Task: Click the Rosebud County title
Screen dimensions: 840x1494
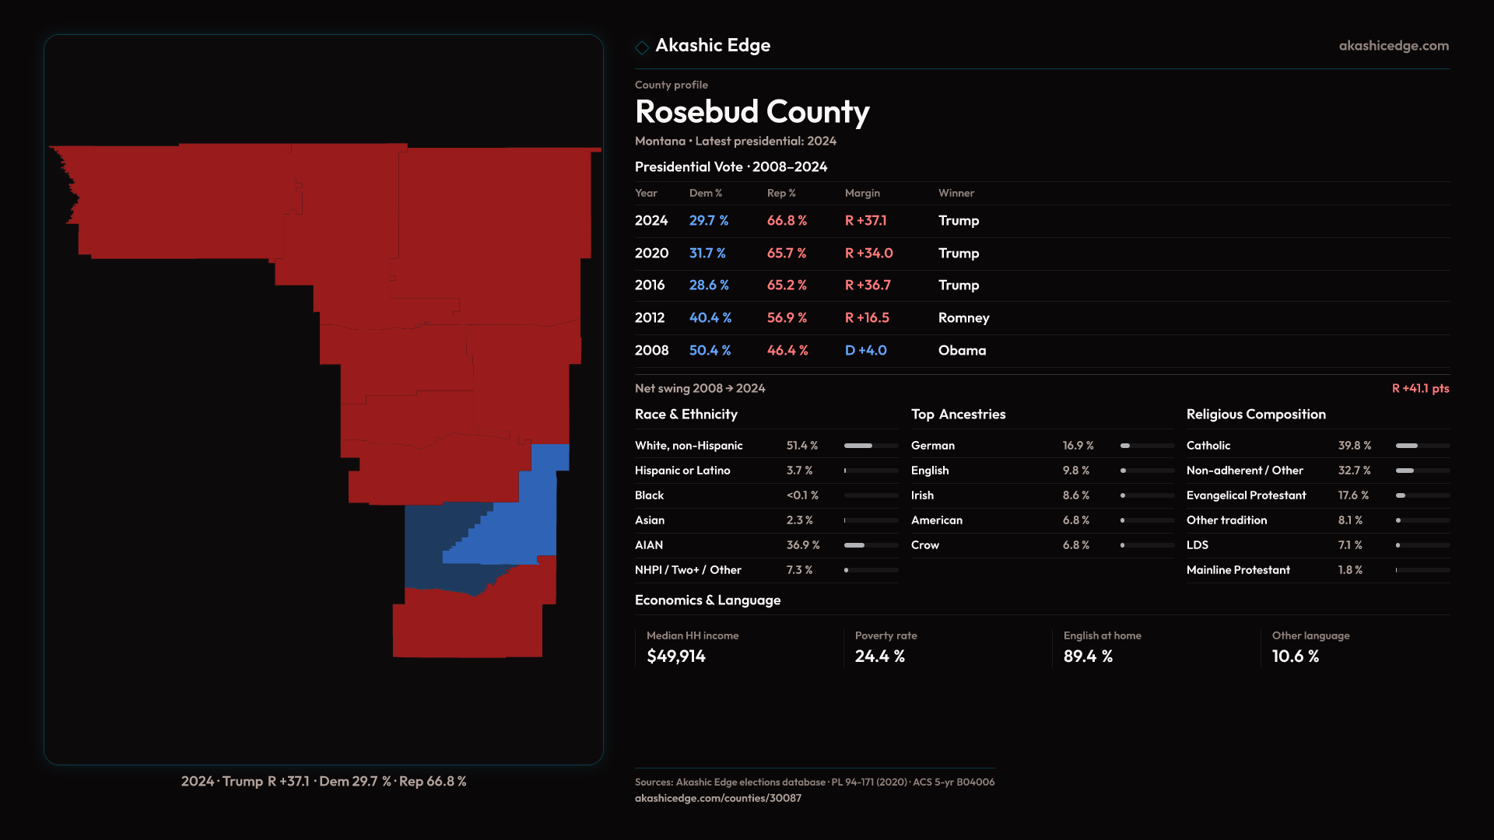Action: pos(752,112)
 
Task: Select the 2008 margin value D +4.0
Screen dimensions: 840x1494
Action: pos(865,351)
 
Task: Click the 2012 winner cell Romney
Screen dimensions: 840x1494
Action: pos(963,318)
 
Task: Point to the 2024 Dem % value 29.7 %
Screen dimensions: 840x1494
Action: pos(708,221)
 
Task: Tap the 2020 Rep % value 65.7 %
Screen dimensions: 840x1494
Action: pos(786,254)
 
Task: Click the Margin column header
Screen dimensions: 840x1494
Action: pos(862,194)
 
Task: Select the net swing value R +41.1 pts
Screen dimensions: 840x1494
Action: pos(1420,389)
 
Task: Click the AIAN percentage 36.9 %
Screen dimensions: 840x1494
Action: pos(802,545)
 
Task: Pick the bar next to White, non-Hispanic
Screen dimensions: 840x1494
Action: pos(871,446)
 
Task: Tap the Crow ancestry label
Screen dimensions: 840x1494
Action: pos(924,545)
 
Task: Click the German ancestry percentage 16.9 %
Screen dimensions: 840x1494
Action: pos(1078,446)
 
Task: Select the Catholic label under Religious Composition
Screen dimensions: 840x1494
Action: pos(1208,446)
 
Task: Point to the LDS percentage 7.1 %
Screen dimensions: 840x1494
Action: pos(1349,545)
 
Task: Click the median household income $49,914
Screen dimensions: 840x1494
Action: pos(675,656)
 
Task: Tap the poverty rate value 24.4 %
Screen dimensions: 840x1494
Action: pos(879,656)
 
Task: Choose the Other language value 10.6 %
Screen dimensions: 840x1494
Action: pos(1295,656)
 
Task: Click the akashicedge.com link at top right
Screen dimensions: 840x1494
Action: pos(1393,46)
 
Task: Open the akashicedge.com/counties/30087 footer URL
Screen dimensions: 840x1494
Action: pos(717,798)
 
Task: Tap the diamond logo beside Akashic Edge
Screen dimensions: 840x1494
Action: pos(642,47)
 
